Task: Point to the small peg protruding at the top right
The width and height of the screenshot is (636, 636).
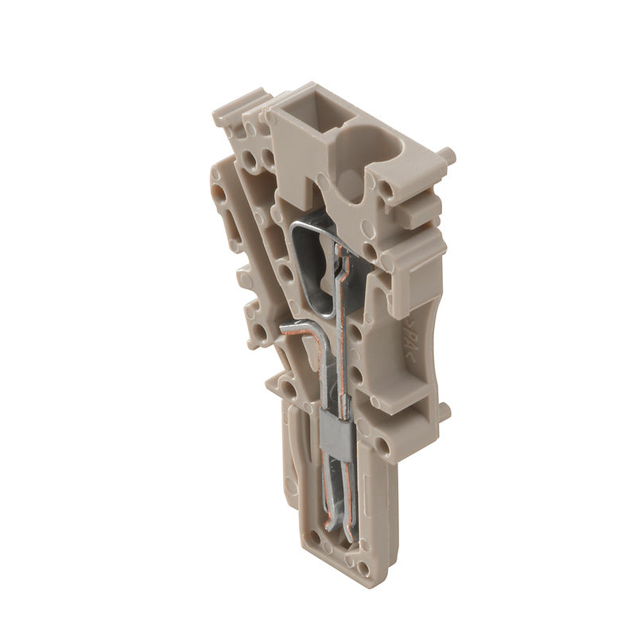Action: [x=448, y=156]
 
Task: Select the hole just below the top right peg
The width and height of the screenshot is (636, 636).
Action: [x=387, y=190]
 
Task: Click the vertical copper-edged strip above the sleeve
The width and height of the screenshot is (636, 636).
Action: [x=342, y=334]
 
